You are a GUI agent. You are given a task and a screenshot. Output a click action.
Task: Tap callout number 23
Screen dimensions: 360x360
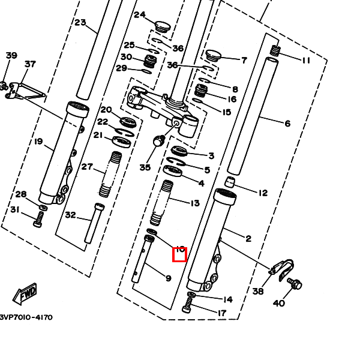click(80, 23)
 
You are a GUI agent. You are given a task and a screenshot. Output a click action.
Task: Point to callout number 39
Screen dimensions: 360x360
click(11, 56)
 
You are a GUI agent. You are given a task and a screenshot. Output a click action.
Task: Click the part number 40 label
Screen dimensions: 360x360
click(279, 303)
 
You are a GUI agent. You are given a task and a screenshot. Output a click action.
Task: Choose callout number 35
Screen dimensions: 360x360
click(145, 167)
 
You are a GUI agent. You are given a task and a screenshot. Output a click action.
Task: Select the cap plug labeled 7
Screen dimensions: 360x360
click(214, 55)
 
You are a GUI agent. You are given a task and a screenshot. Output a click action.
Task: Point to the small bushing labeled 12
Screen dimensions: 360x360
click(230, 182)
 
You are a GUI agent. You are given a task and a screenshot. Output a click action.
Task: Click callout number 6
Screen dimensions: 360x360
click(287, 124)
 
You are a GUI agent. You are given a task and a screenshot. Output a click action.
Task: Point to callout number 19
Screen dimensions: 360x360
click(38, 142)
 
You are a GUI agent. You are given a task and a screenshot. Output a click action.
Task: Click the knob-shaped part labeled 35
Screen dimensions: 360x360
click(159, 142)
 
